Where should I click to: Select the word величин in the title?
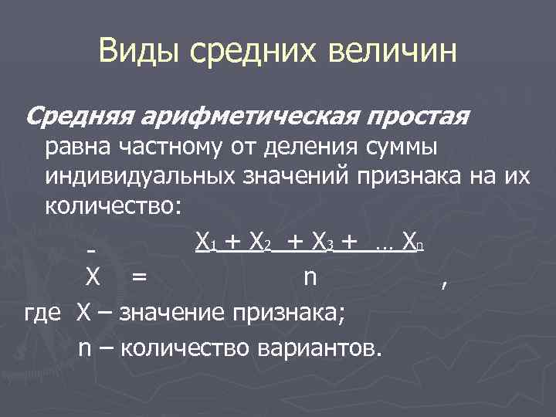(x=393, y=53)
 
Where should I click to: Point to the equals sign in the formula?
(x=140, y=277)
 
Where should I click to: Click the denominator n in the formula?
(x=310, y=277)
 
